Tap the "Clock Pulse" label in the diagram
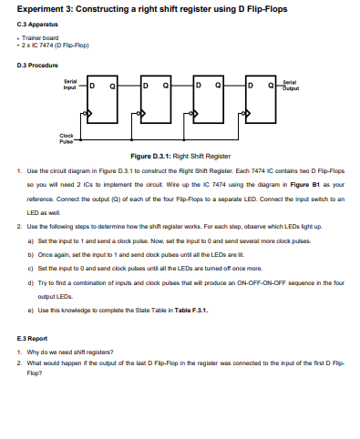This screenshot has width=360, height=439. pos(67,140)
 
